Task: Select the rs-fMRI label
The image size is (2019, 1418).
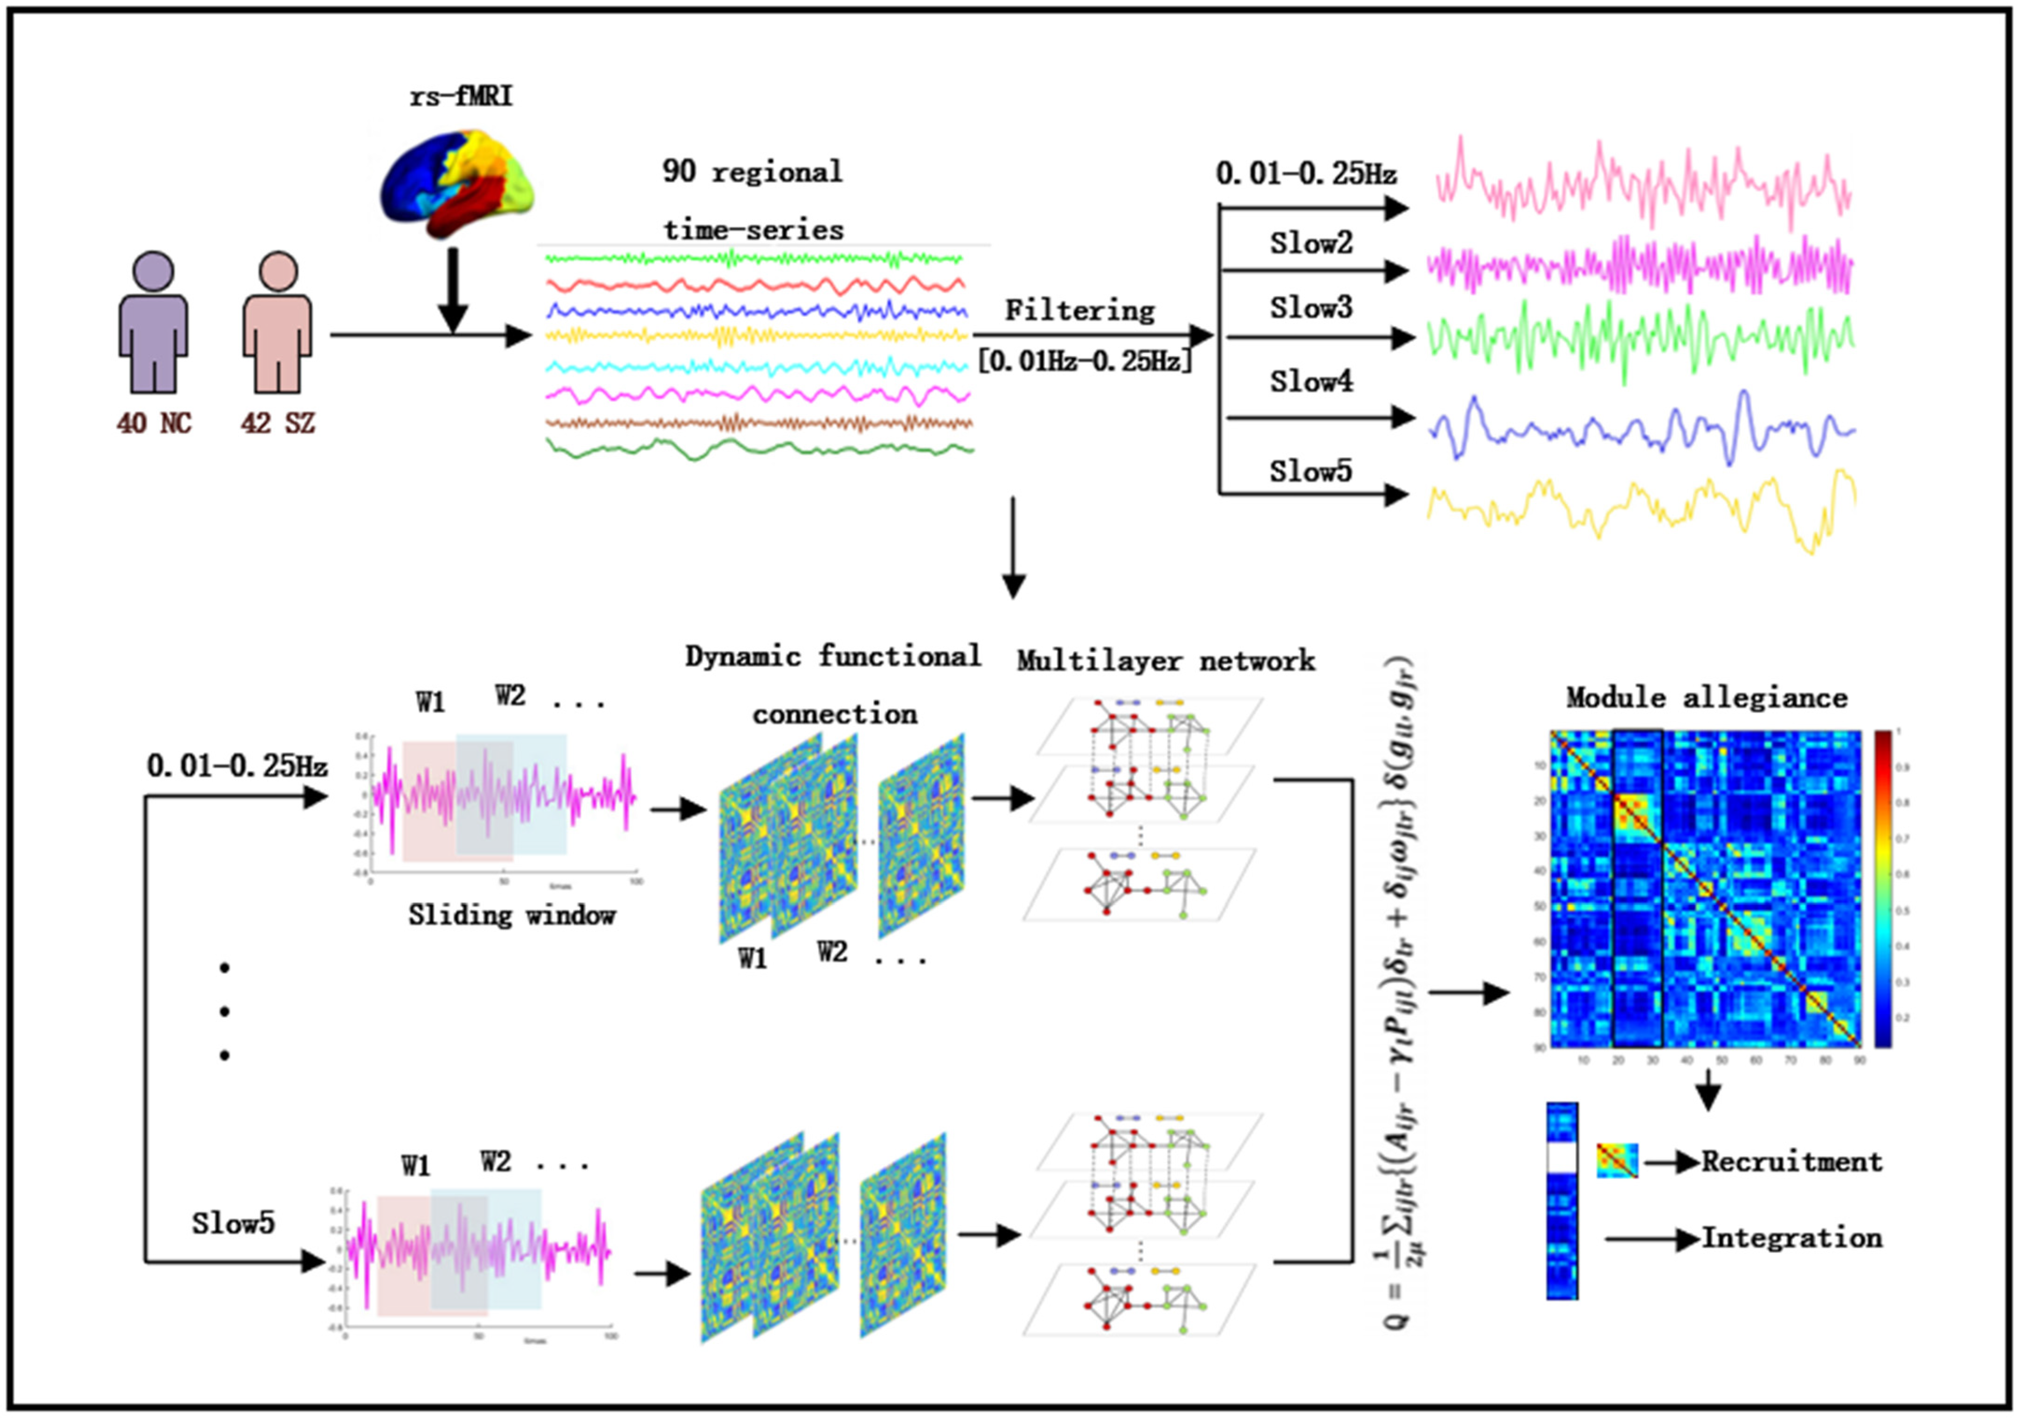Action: click(x=461, y=95)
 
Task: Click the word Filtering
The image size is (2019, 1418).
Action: click(x=1080, y=311)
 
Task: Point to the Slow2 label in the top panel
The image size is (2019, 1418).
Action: click(x=1310, y=243)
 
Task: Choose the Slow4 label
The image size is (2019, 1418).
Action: click(x=1310, y=382)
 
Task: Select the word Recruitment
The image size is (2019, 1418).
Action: click(x=1791, y=1162)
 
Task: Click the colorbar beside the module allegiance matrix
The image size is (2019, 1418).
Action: click(x=1883, y=889)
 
